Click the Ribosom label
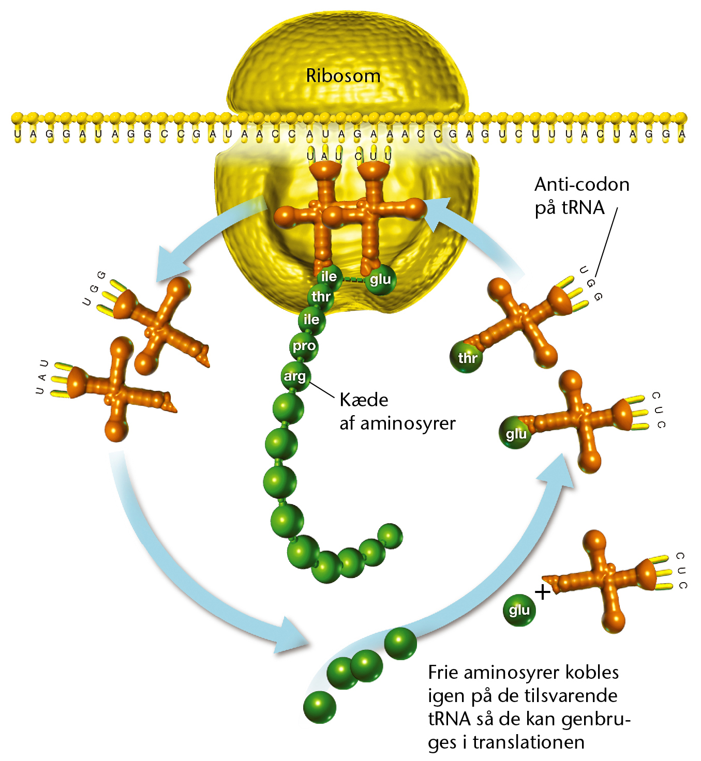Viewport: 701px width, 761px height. pos(344,76)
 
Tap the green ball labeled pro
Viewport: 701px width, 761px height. pos(304,346)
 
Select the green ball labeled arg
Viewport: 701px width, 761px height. pos(295,376)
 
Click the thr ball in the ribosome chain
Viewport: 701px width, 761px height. pos(321,296)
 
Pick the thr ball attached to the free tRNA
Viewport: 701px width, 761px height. pos(466,357)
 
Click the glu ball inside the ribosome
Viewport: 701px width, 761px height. pos(380,280)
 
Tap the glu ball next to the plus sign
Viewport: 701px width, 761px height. pos(519,610)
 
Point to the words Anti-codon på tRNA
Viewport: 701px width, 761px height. pos(581,196)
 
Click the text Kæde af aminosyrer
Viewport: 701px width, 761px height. pos(397,412)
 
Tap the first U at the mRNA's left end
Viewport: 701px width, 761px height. pos(18,134)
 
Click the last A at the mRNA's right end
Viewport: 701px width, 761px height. pos(682,134)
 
